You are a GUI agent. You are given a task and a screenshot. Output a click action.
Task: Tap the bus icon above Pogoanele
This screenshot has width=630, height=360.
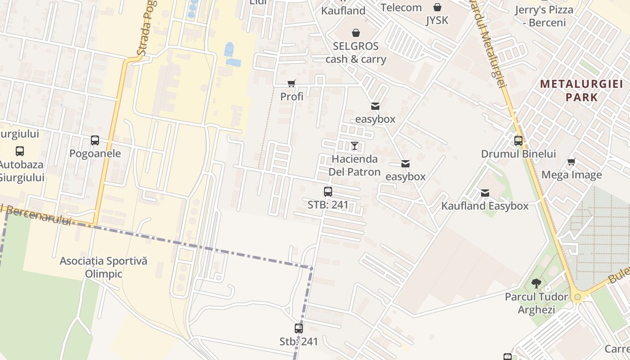pos(95,140)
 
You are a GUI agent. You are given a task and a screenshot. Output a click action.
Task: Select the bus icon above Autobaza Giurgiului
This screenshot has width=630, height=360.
pos(20,151)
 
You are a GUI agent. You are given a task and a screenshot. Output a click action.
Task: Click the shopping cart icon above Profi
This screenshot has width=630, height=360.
pos(292,83)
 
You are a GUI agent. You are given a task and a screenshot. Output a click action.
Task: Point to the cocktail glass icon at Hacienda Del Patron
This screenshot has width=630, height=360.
pos(355,145)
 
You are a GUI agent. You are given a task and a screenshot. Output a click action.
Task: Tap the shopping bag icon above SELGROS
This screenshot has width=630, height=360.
pos(356,33)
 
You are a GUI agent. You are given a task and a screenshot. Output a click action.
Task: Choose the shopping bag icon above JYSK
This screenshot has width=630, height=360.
pos(437,7)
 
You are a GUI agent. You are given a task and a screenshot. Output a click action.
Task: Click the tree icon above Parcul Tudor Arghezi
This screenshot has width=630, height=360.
pos(536,283)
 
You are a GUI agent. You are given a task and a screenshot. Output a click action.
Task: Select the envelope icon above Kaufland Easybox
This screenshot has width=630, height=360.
pos(485,193)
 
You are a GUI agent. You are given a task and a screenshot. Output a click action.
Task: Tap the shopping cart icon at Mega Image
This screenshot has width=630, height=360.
pos(571,162)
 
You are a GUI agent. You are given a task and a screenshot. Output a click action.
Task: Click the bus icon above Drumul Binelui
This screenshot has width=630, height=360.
pos(518,141)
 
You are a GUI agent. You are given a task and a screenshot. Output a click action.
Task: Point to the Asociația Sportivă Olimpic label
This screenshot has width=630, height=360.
pos(103,267)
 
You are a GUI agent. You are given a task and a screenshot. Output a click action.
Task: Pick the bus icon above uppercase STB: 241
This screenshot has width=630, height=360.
pos(328,192)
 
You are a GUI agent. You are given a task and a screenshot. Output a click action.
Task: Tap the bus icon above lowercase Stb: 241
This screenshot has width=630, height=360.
pos(299,328)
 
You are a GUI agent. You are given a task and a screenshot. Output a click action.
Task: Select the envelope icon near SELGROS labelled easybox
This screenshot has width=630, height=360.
pos(375,106)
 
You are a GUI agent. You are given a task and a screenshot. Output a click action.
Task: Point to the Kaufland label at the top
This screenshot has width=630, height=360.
pos(343,10)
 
